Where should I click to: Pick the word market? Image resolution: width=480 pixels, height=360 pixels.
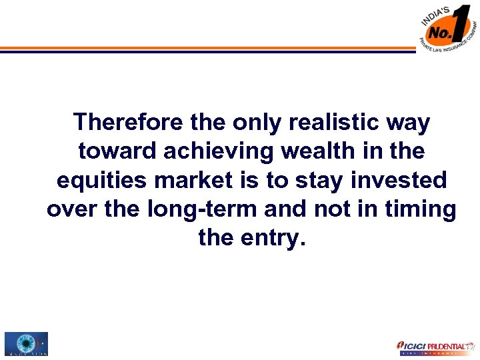[x=195, y=181]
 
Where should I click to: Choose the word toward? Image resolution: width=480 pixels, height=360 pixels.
[x=117, y=151]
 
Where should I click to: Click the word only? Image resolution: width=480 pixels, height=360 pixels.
[x=257, y=123]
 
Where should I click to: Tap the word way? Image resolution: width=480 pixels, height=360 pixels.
[x=411, y=123]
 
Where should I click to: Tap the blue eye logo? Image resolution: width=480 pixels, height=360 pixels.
[x=25, y=343]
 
